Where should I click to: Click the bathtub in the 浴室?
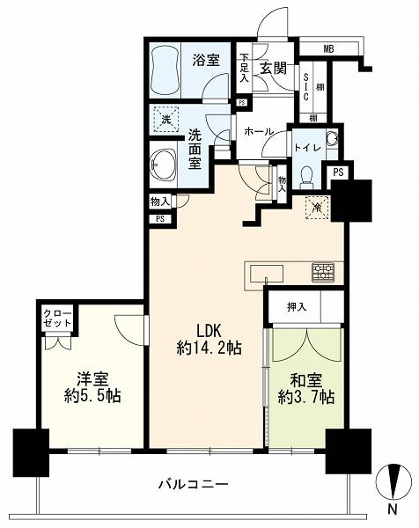tap(165, 71)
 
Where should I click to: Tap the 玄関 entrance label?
tap(273, 69)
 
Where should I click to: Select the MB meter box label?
tap(328, 49)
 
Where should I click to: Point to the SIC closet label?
tap(305, 87)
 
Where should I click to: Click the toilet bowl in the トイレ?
tap(307, 177)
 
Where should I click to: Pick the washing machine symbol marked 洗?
tap(165, 119)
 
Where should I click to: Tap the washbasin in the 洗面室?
tap(163, 165)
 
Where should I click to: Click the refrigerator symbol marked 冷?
tap(317, 208)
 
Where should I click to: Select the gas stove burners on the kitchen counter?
tap(323, 272)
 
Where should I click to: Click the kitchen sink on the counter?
tap(267, 274)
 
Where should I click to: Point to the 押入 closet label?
tap(297, 306)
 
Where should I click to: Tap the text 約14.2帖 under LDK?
tap(209, 348)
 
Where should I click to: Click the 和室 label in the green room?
tap(306, 380)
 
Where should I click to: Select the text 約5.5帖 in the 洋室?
tap(92, 396)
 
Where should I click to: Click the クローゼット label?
tap(57, 319)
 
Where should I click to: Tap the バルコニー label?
tap(194, 485)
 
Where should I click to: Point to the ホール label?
tap(258, 131)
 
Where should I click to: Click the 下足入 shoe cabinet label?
tap(244, 68)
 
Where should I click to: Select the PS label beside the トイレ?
tap(338, 172)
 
